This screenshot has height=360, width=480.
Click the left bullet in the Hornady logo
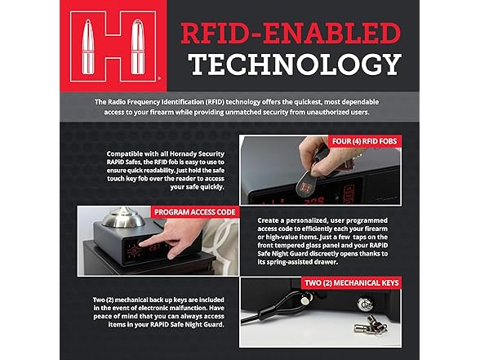point(88,47)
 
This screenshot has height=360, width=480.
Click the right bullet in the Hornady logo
point(137,47)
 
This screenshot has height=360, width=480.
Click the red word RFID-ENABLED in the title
point(291,33)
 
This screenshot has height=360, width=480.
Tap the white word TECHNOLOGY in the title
point(295,64)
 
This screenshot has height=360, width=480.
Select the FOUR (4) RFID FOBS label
point(364,141)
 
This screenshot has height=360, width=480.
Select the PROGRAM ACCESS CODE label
point(194,212)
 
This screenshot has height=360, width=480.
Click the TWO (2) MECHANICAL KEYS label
point(351,282)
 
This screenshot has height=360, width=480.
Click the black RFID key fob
point(307,184)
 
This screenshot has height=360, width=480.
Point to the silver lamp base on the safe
point(123,217)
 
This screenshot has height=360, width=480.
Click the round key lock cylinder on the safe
point(364,304)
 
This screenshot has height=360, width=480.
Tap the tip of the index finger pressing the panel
point(141,244)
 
